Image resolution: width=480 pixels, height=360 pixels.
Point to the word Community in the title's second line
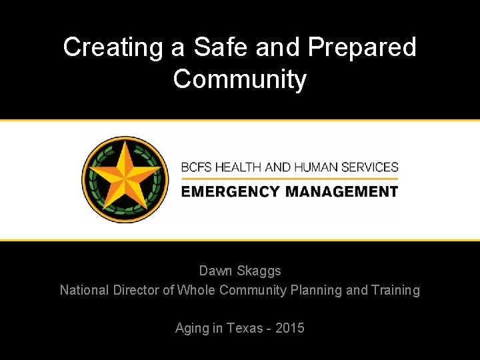(239, 79)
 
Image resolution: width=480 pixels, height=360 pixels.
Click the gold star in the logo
(121, 178)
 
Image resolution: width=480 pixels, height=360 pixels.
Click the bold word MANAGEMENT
(342, 191)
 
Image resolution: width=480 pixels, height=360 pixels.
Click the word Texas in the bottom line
(245, 328)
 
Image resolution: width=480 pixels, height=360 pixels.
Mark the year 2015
(290, 328)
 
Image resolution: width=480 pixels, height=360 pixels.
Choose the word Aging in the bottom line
(192, 329)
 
